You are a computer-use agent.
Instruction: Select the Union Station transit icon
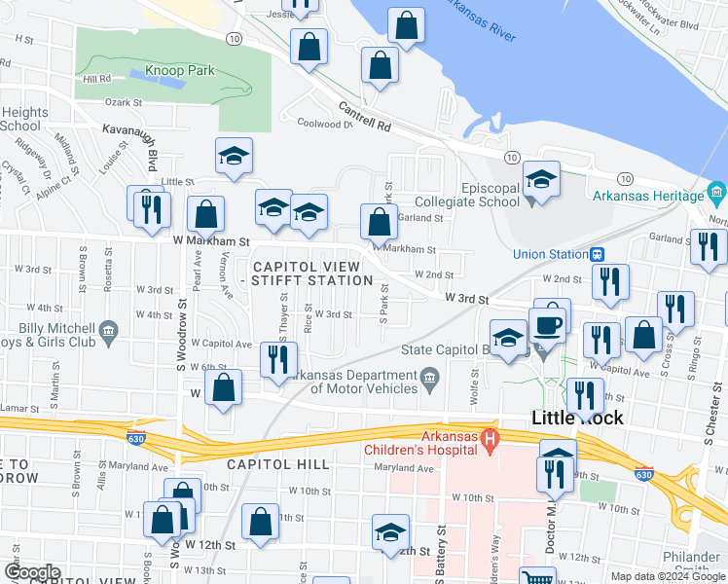596,255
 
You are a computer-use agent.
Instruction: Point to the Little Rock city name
577,418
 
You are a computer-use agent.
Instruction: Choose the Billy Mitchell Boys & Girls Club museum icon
107,332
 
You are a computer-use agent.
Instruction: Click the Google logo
32,572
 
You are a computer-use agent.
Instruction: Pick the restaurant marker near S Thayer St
279,359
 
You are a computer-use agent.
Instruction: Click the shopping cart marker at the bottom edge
536,578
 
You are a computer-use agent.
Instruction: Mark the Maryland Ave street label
404,468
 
